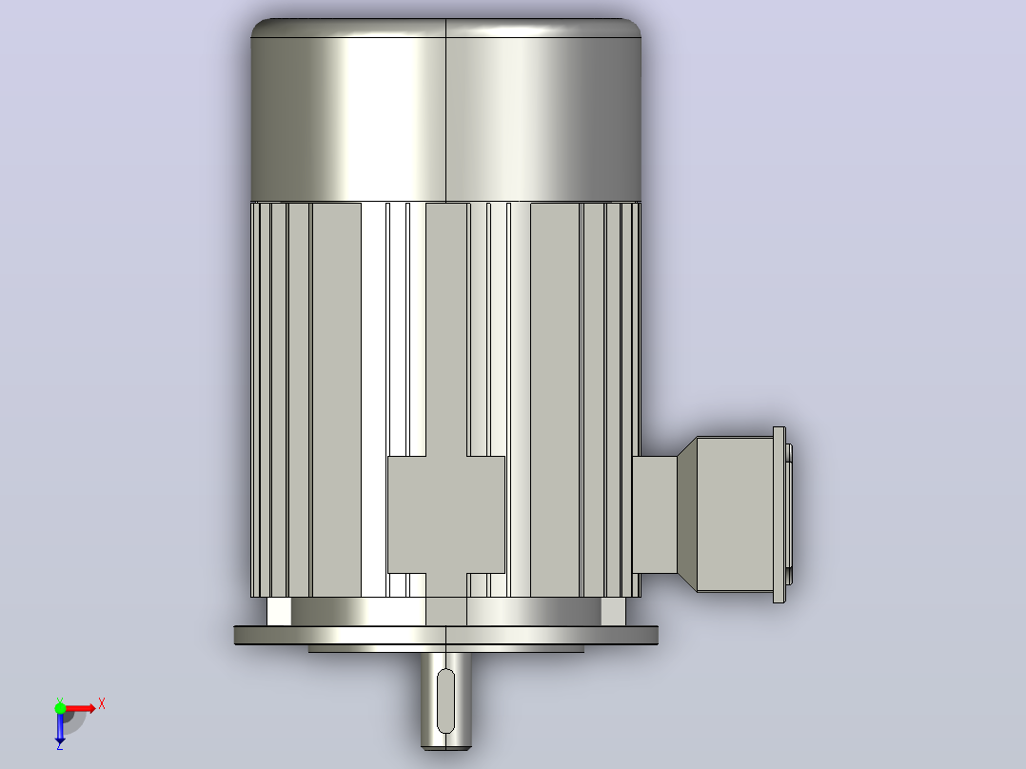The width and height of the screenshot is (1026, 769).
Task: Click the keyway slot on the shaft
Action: [445, 700]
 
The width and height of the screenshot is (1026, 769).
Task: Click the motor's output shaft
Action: [445, 700]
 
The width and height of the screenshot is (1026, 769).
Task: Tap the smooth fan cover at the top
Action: [445, 110]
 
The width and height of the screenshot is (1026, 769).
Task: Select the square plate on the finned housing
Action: [446, 515]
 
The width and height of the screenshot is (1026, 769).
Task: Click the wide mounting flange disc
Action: [446, 636]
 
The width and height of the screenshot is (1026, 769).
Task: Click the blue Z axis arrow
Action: [60, 726]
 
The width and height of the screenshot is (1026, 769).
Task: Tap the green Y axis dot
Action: [60, 707]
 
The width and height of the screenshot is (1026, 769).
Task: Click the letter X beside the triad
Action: [102, 704]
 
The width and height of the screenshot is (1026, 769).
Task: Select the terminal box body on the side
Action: [735, 515]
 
